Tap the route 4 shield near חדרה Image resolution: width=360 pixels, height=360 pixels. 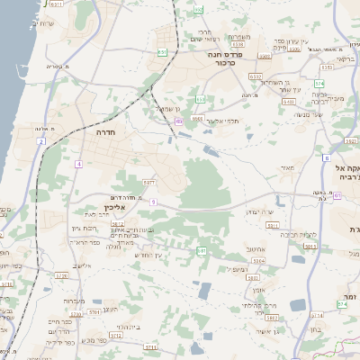coord(79,164)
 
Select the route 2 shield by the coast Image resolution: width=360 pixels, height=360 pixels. coord(41,141)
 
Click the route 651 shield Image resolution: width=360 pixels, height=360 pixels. coord(163,52)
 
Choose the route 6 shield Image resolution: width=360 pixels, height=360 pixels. coord(326,158)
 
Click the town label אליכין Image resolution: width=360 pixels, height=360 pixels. coord(128,208)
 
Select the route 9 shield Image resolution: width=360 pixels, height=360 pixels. coord(153,202)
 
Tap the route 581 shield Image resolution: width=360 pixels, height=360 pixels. coord(202,251)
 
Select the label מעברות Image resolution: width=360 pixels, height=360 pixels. coord(75,301)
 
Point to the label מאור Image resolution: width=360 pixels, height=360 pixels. coord(287,167)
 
